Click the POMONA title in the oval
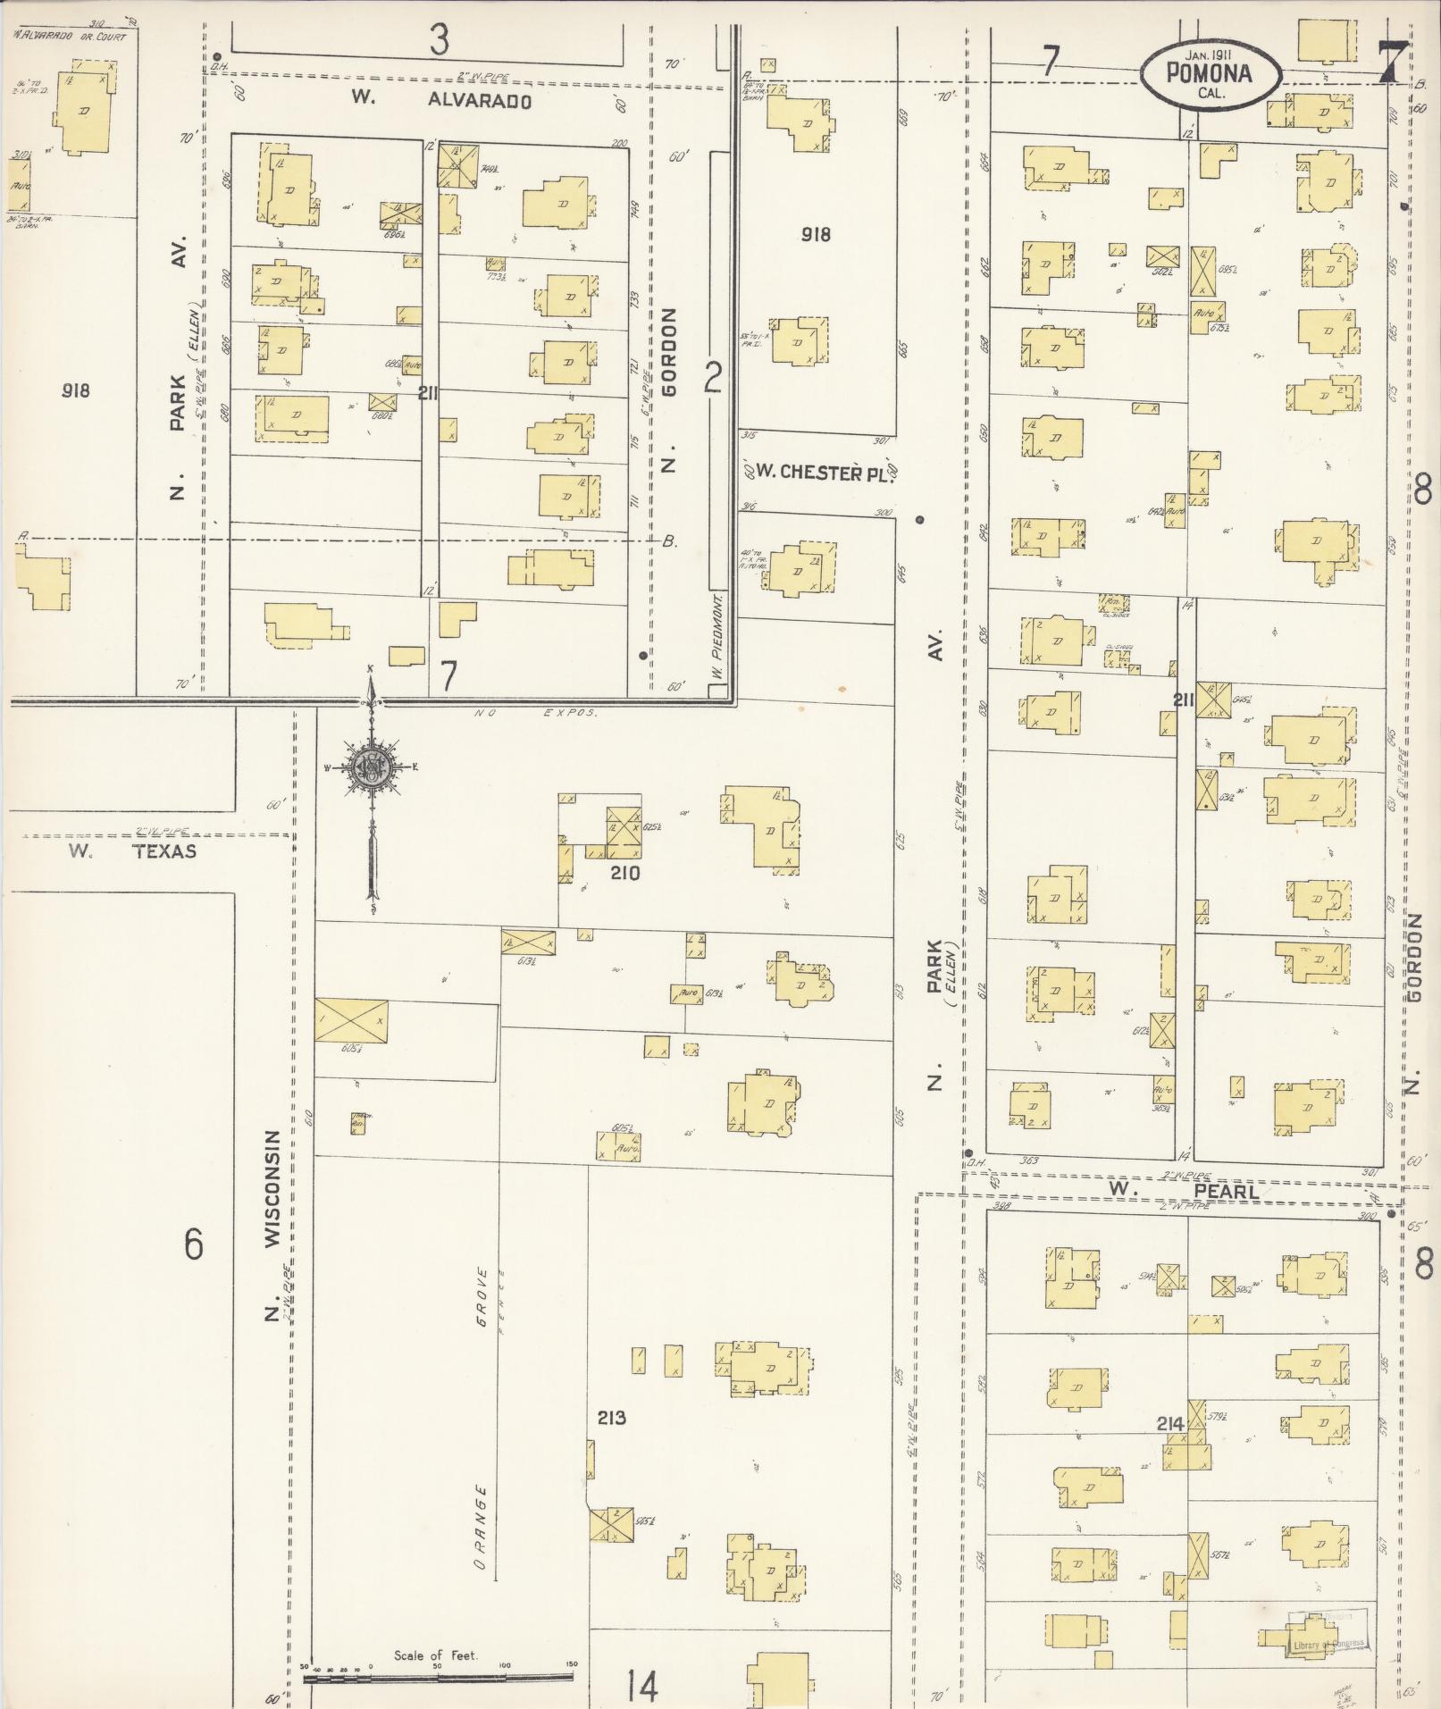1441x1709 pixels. pyautogui.click(x=1209, y=74)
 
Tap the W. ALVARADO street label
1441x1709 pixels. pyautogui.click(x=441, y=99)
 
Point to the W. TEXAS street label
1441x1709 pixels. pyautogui.click(x=133, y=851)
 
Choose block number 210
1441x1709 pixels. pyautogui.click(x=625, y=873)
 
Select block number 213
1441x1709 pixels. pyautogui.click(x=612, y=1417)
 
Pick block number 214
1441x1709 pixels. pyautogui.click(x=1170, y=1424)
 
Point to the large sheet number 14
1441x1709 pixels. pyautogui.click(x=641, y=1687)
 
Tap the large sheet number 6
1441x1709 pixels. pyautogui.click(x=194, y=1244)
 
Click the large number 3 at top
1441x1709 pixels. pyautogui.click(x=438, y=40)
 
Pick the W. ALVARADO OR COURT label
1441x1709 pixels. pyautogui.click(x=70, y=38)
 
